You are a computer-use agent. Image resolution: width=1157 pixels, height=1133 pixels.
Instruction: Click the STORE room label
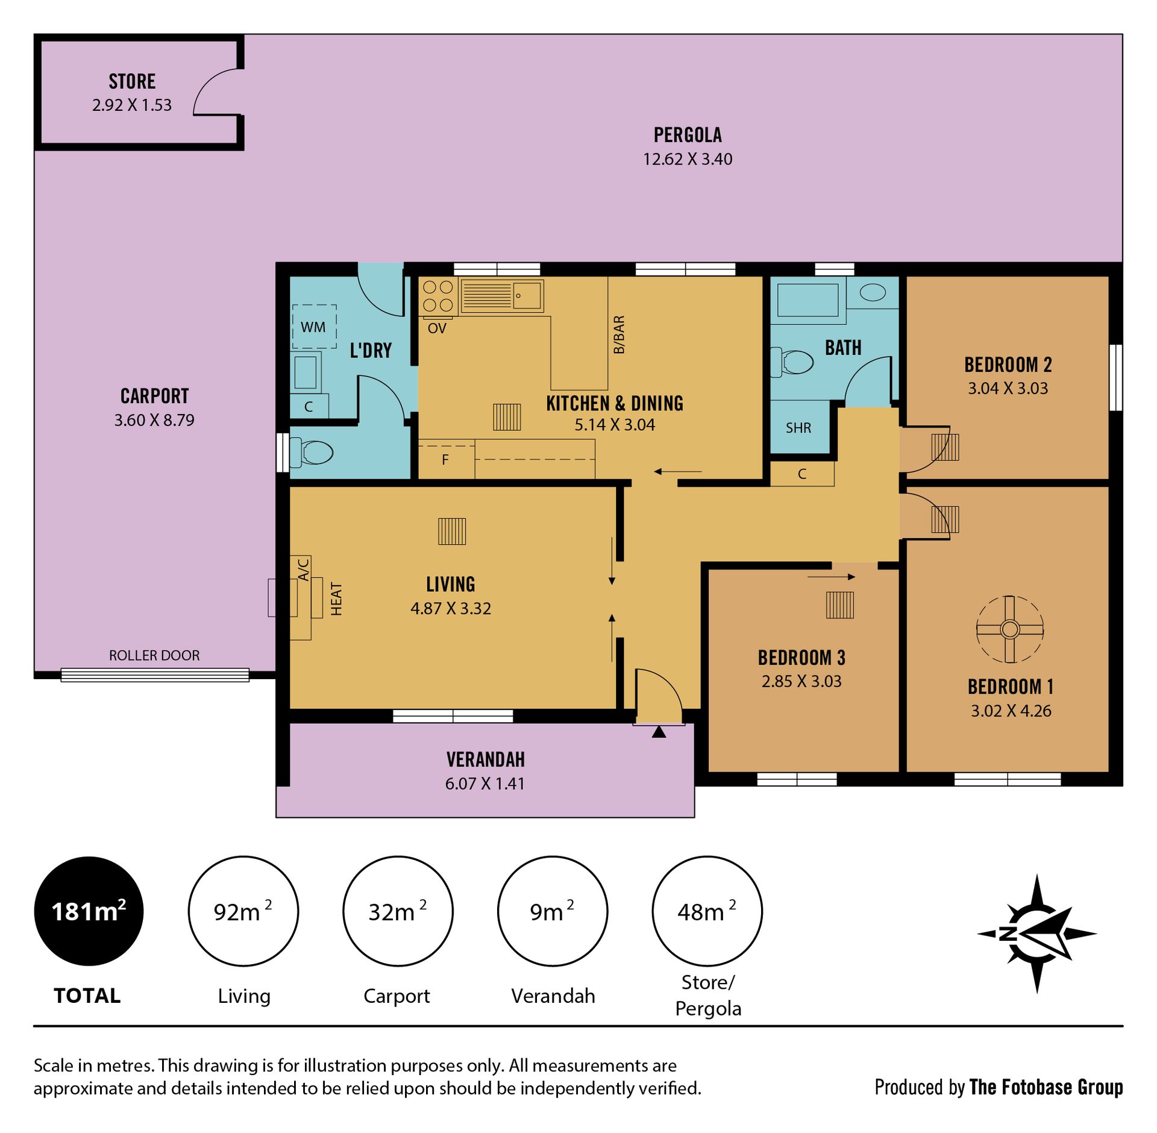(x=132, y=81)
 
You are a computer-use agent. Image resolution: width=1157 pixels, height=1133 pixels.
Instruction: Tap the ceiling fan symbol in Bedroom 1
(x=1009, y=629)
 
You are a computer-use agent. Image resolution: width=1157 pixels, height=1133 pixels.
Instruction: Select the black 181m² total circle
(x=89, y=911)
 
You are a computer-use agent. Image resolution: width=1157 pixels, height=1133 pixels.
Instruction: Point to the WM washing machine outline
(x=314, y=327)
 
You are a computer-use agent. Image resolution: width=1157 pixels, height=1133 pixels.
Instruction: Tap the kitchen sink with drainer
(x=502, y=295)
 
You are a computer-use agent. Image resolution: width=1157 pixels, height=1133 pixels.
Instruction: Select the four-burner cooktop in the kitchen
(x=438, y=296)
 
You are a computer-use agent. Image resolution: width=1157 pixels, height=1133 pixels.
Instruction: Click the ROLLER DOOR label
(x=154, y=655)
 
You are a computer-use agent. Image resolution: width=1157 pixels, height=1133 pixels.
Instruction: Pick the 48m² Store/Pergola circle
(x=707, y=911)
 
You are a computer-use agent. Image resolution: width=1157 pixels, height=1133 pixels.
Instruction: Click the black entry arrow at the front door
(x=659, y=732)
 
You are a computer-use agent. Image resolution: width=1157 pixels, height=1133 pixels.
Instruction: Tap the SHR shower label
(x=798, y=428)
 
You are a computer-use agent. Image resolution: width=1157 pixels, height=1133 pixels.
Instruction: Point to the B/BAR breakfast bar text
(x=619, y=334)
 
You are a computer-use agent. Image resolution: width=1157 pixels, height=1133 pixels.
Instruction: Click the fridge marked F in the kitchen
(x=446, y=459)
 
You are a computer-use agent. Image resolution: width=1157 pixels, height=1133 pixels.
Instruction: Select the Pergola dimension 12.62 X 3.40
(x=688, y=159)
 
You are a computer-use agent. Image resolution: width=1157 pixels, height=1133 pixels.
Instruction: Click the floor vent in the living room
(x=452, y=532)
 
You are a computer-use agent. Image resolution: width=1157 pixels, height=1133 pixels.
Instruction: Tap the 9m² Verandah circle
(x=552, y=911)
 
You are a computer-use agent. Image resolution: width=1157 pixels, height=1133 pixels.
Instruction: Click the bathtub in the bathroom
(x=808, y=300)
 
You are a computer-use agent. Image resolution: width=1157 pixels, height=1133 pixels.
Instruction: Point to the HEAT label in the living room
(x=336, y=599)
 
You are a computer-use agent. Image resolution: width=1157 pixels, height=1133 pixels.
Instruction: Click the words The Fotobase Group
(x=1046, y=1087)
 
